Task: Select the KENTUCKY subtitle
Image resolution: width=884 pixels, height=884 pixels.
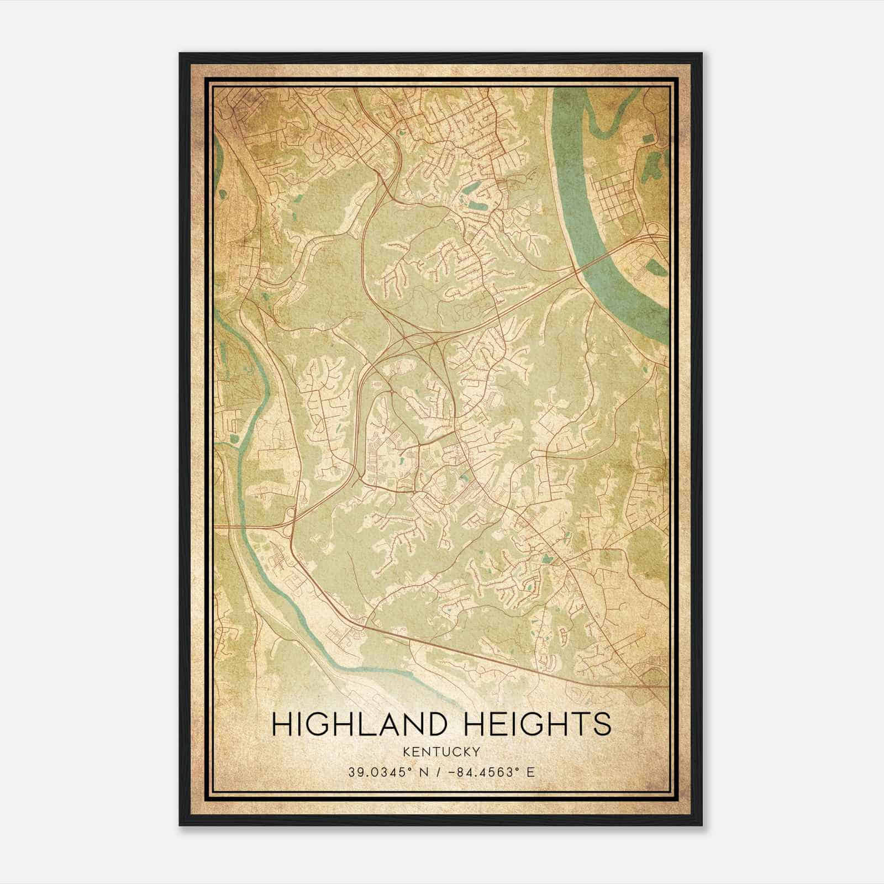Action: click(x=441, y=751)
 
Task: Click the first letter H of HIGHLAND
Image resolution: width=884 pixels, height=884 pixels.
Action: click(x=282, y=724)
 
